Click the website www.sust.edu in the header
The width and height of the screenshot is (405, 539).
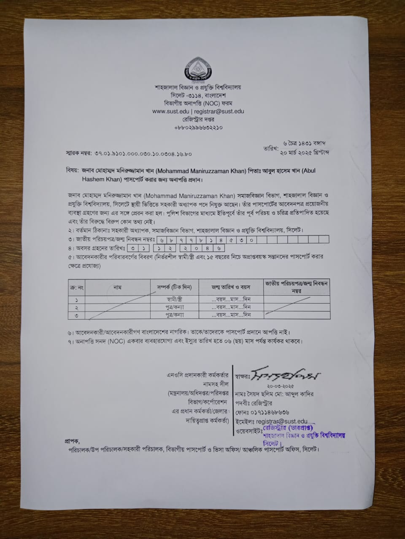tap(171, 112)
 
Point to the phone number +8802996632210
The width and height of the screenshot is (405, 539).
tap(198, 127)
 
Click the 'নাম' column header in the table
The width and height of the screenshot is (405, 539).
tap(117, 287)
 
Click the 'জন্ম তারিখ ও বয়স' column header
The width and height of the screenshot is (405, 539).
tap(231, 287)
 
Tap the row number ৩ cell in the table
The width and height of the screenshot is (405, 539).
tap(76, 315)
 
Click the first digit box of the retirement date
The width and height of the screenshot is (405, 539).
tap(133, 248)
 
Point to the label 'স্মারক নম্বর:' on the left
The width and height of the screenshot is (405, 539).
tap(79, 154)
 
